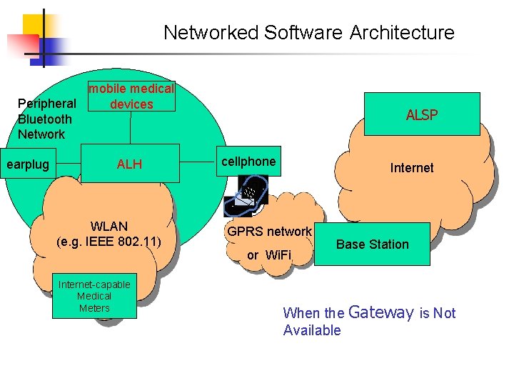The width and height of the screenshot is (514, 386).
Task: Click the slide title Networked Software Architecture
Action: point(308,33)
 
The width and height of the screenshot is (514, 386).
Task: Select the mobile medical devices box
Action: point(131,96)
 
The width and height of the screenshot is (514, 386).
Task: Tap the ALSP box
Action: point(422,114)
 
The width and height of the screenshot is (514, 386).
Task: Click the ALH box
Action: point(130,164)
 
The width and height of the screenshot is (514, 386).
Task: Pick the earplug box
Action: point(28,164)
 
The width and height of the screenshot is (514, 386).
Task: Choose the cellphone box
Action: point(248,162)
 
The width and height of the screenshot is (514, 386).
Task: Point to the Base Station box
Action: point(372,244)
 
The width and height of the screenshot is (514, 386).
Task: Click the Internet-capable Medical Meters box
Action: point(94,296)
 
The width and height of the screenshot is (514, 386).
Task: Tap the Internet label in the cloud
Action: point(412,168)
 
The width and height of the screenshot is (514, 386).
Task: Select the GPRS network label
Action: point(269,232)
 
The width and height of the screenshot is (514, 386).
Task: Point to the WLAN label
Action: point(109,227)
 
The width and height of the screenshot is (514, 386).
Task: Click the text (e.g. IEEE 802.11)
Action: point(109,241)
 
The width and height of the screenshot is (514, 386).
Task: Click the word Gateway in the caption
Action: point(381,312)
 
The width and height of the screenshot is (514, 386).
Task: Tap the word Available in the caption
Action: point(312,330)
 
